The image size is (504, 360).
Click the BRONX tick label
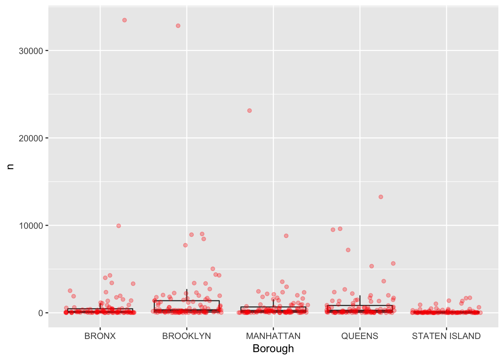[x=100, y=336]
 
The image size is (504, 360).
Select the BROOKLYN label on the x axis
[x=186, y=336]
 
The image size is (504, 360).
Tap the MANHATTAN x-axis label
[x=273, y=336]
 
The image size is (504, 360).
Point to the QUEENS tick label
[x=360, y=336]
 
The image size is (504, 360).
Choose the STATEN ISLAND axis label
[x=446, y=336]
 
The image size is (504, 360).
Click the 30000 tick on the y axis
[x=31, y=51]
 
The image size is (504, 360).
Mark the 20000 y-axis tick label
[x=31, y=138]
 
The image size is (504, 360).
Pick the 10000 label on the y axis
[x=31, y=226]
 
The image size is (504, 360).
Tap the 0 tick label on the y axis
[x=40, y=313]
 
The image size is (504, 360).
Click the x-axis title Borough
[x=273, y=349]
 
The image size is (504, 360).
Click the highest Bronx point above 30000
[x=124, y=20]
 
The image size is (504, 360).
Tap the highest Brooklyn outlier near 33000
[x=178, y=26]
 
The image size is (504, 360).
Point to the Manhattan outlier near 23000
[x=249, y=111]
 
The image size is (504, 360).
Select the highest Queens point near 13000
[x=381, y=197]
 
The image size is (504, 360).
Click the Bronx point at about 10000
[x=118, y=226]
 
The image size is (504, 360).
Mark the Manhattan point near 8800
[x=286, y=236]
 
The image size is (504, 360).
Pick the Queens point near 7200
[x=348, y=250]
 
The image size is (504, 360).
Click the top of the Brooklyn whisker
[x=187, y=289]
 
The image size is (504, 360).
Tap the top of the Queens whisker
[x=360, y=296]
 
